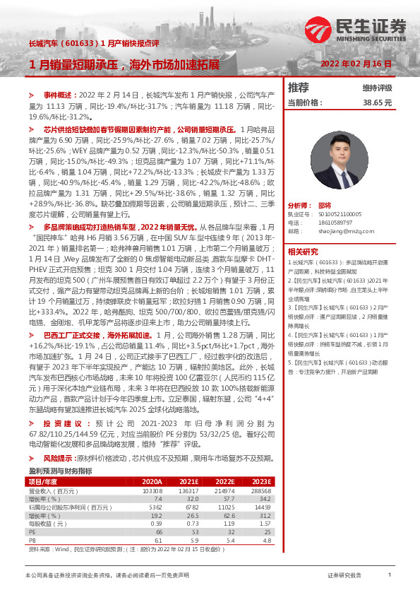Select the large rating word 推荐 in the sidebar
click(299, 88)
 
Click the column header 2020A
click(152, 481)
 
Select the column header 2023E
click(261, 481)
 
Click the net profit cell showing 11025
click(224, 507)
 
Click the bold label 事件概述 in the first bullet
click(59, 94)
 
